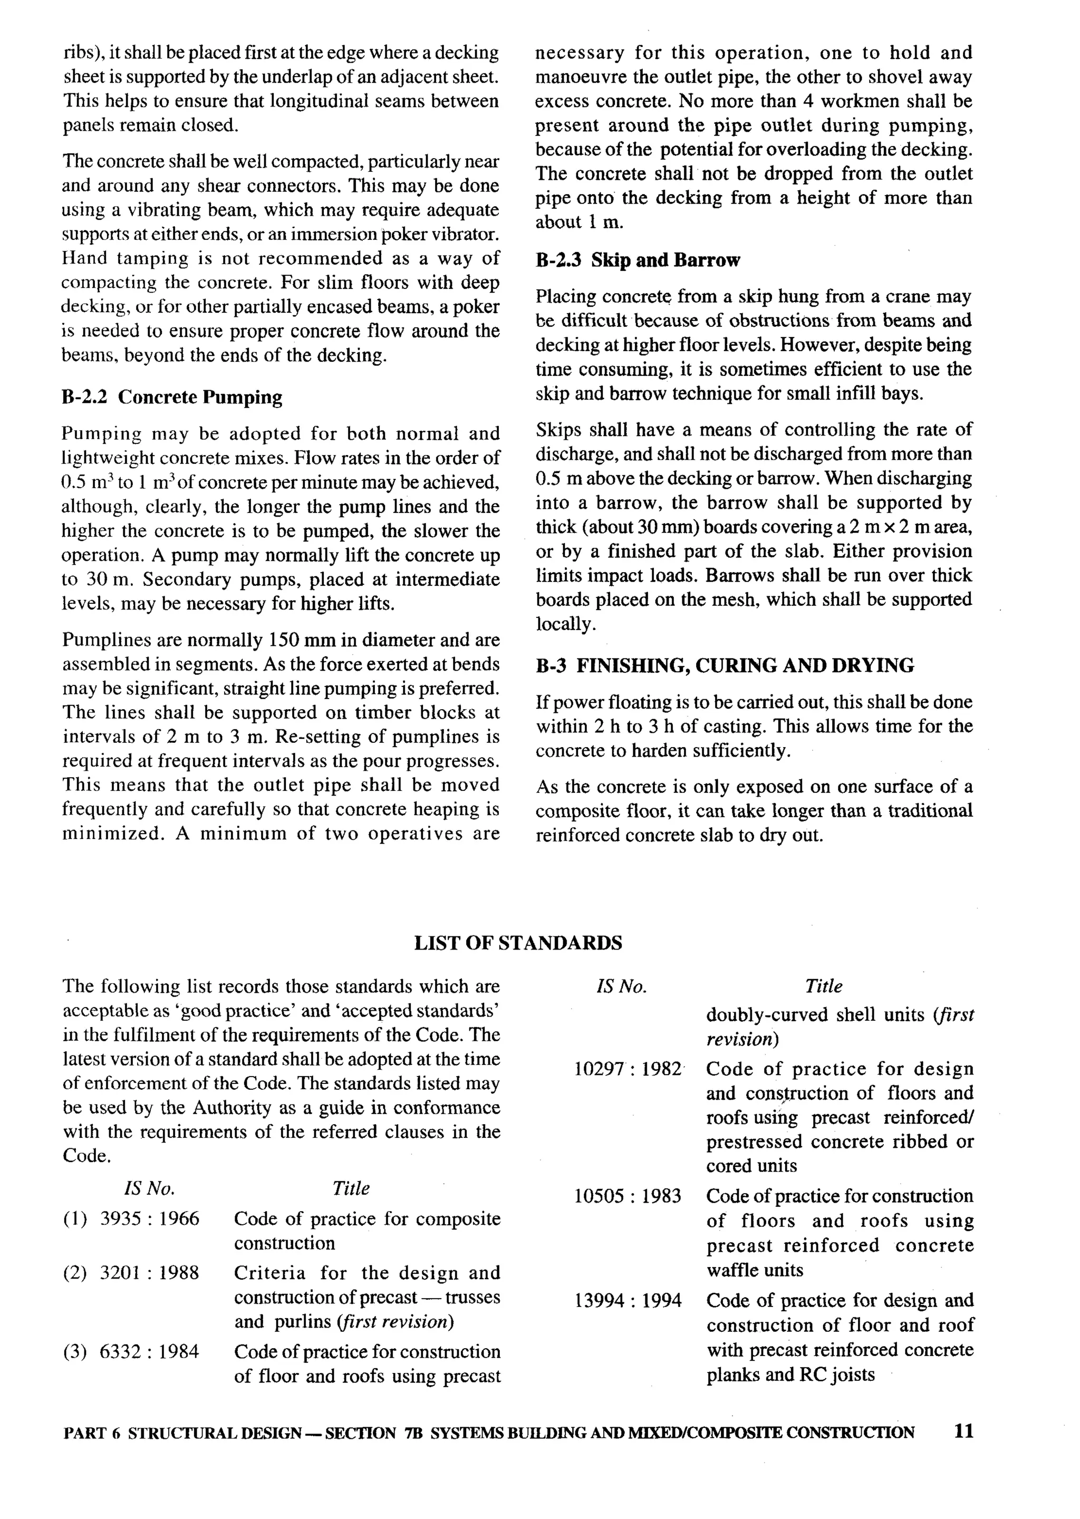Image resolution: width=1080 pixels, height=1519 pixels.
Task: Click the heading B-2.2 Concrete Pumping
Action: [x=171, y=397]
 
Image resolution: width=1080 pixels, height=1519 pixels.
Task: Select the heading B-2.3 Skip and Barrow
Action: [x=637, y=260]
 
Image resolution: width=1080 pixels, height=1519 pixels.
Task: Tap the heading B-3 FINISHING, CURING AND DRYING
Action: [x=724, y=665]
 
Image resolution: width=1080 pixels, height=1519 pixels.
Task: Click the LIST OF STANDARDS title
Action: [x=518, y=943]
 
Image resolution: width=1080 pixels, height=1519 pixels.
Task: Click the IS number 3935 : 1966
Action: [x=149, y=1218]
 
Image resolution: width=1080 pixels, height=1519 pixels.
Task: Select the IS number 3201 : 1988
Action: [x=149, y=1273]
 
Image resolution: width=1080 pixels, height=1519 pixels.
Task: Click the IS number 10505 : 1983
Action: [x=628, y=1196]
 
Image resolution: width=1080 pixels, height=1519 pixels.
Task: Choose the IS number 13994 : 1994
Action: [x=628, y=1300]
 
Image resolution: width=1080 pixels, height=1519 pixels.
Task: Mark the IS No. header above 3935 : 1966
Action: [x=149, y=1188]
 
